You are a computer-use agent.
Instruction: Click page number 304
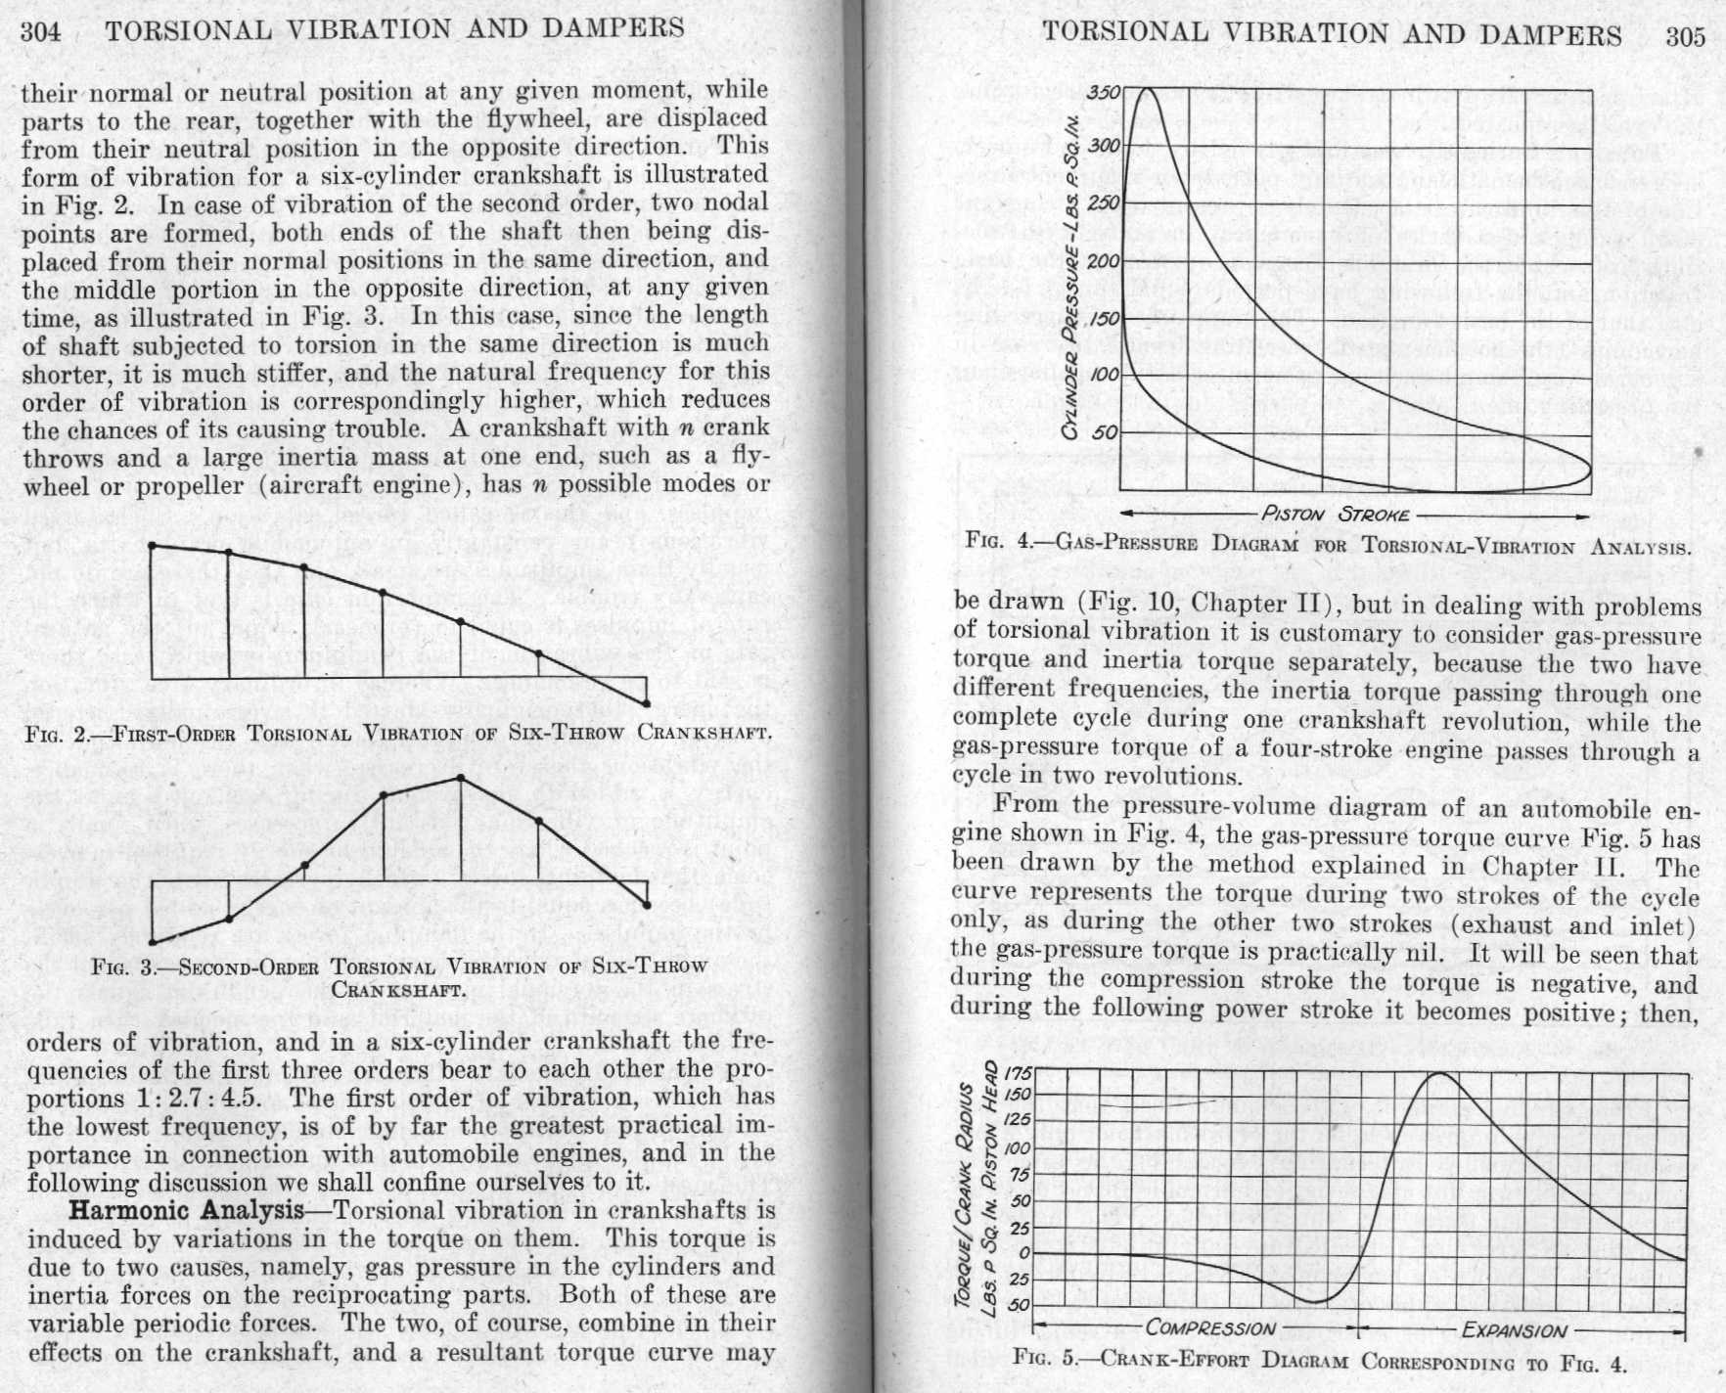pos(41,31)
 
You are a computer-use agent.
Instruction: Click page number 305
pos(1685,37)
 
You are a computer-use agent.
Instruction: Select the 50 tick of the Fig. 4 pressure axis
pos(1106,433)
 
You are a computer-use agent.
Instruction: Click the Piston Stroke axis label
pos(1336,515)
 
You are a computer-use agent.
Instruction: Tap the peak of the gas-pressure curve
pos(1145,90)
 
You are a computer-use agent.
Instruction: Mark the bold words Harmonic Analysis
pos(186,1210)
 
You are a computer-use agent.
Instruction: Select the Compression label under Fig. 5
pos(1210,1328)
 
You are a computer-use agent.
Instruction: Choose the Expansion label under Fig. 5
pos(1514,1330)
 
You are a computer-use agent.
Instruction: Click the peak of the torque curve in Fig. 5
pos(1440,1074)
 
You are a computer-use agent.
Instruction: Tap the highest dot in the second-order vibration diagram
pos(461,778)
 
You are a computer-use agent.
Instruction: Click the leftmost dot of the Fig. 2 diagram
pos(153,546)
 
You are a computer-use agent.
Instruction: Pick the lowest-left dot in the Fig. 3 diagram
pos(153,943)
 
